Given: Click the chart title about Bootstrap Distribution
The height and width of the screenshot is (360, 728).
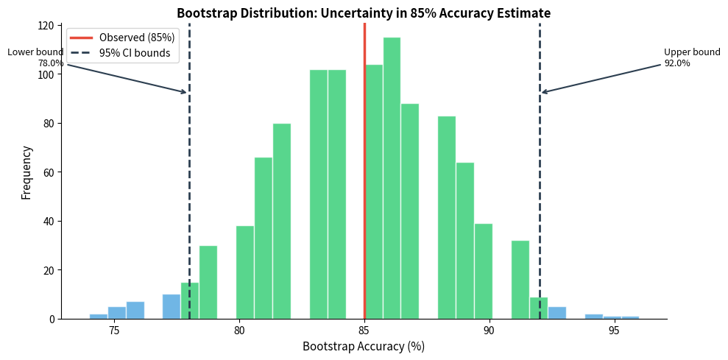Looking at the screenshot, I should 363,13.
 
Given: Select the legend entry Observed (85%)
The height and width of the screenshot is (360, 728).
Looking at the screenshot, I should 136,38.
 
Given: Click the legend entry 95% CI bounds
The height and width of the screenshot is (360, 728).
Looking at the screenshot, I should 134,53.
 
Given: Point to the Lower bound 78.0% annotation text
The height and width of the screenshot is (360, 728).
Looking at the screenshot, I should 35,57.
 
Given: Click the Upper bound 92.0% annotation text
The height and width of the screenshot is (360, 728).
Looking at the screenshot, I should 691,57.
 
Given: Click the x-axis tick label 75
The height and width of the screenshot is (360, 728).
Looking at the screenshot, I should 114,331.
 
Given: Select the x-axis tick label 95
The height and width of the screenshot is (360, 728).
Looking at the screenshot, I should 614,331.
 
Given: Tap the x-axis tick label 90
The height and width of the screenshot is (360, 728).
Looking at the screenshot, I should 489,331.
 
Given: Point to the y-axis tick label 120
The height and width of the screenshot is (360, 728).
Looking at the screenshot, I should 46,26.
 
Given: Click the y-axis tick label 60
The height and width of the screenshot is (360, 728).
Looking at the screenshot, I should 48,172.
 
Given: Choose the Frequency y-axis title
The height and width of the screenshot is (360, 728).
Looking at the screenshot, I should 26,172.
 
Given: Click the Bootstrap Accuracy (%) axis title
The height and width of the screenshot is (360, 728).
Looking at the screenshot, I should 363,347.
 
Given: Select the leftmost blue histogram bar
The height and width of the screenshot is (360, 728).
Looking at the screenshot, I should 99,317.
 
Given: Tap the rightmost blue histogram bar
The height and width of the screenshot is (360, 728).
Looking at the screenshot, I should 630,317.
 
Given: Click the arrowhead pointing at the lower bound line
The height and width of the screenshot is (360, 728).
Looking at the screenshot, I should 185,92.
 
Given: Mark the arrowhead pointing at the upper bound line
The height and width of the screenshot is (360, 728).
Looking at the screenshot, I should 544,92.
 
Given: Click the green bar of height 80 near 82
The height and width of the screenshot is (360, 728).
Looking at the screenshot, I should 282,221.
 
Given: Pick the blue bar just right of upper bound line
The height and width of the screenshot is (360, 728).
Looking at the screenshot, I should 557,313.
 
